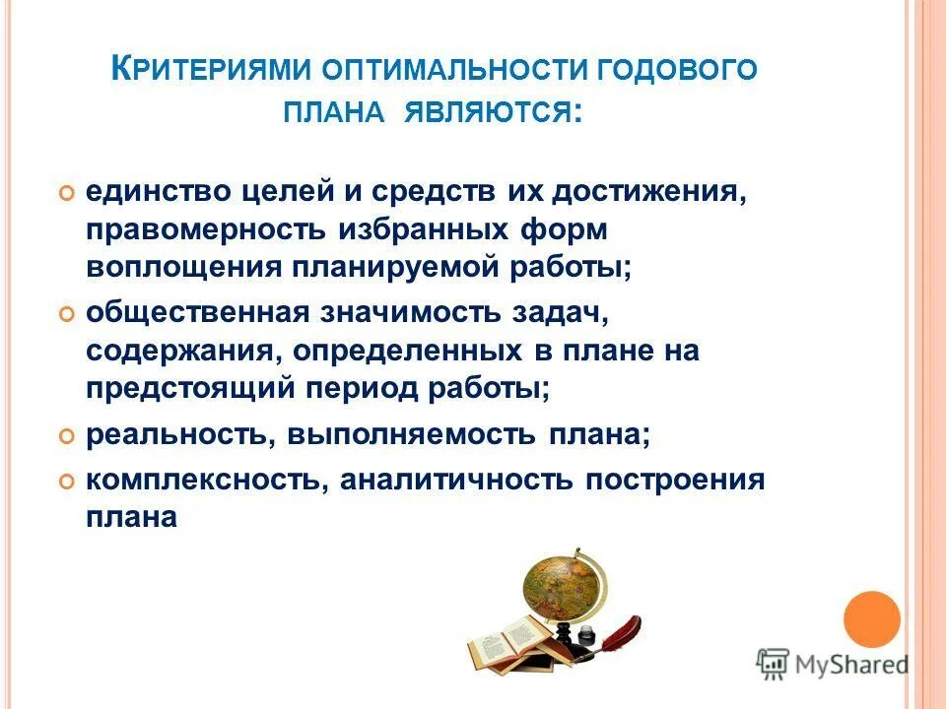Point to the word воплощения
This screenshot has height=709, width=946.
(x=183, y=267)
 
